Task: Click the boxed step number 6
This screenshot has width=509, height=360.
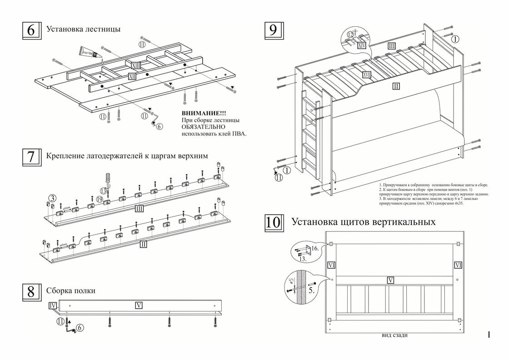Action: coord(31,30)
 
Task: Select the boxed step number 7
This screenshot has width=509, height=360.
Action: coord(31,156)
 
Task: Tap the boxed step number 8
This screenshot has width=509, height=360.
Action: coord(31,291)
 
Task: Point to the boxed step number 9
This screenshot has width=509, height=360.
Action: coord(273,30)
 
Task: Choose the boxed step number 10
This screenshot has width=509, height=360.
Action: coord(274,223)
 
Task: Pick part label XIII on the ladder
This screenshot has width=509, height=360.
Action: coord(136,65)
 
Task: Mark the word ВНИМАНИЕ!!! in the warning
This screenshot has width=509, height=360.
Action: coord(204,113)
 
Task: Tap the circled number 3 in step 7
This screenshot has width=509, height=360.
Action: coord(53,198)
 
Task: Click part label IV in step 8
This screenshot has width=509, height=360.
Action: coord(53,306)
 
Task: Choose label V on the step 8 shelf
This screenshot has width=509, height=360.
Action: coord(139,305)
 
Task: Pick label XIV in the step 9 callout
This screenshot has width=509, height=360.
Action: coord(362,45)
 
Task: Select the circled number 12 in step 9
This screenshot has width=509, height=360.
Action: coord(351,35)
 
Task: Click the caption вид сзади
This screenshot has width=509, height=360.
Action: coord(394,335)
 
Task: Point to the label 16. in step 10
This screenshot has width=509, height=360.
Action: coord(315,249)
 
